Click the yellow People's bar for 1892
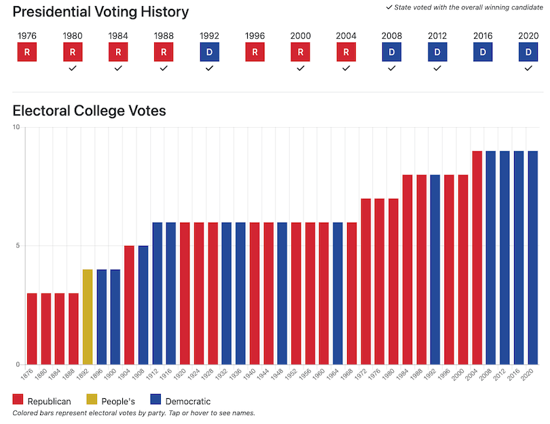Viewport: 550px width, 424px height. [x=88, y=317]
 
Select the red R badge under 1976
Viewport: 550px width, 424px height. [x=27, y=52]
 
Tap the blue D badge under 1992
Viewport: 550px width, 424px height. [x=210, y=52]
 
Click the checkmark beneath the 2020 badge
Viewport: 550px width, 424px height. [x=528, y=68]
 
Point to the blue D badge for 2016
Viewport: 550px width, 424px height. [x=483, y=52]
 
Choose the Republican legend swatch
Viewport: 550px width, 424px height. [x=18, y=401]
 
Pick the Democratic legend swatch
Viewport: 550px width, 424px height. [x=155, y=401]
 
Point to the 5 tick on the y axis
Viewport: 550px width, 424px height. [x=18, y=246]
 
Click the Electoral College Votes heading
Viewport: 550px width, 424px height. [x=89, y=111]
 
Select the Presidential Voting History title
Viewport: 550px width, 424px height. [x=100, y=12]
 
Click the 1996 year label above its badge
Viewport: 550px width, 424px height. [x=255, y=35]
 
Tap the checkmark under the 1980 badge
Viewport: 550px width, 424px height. [x=73, y=68]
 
